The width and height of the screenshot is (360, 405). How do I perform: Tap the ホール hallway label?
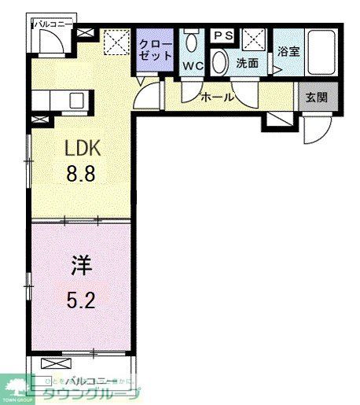click(217, 97)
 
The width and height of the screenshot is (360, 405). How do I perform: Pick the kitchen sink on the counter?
click(76, 101)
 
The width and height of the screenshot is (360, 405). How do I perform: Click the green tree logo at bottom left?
click(15, 386)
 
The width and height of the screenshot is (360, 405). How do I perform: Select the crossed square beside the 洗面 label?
click(253, 38)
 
